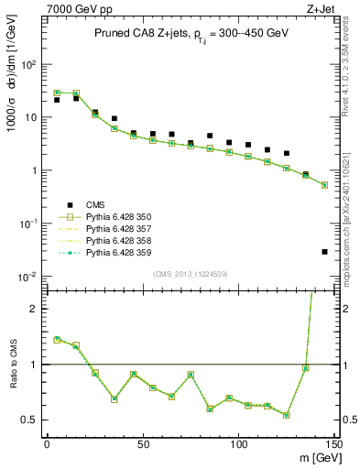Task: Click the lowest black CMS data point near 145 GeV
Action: point(324,252)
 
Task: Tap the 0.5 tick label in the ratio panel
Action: point(30,420)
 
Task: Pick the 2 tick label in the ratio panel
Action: point(36,309)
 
